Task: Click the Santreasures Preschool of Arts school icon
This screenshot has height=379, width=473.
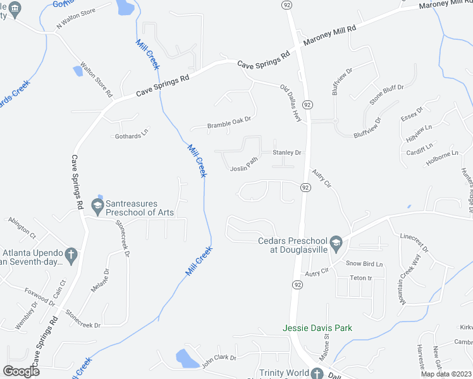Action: point(97,205)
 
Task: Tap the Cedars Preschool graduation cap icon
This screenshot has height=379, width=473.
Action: point(337,243)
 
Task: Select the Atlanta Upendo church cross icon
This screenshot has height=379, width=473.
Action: point(71,255)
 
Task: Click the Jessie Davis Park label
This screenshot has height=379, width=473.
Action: point(317,328)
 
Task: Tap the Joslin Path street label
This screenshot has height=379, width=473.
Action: point(244,166)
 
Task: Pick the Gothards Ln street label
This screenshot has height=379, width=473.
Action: point(131,135)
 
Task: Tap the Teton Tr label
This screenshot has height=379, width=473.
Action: point(360,278)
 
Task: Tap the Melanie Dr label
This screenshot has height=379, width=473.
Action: point(100,279)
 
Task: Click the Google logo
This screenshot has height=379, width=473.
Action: point(21,371)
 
